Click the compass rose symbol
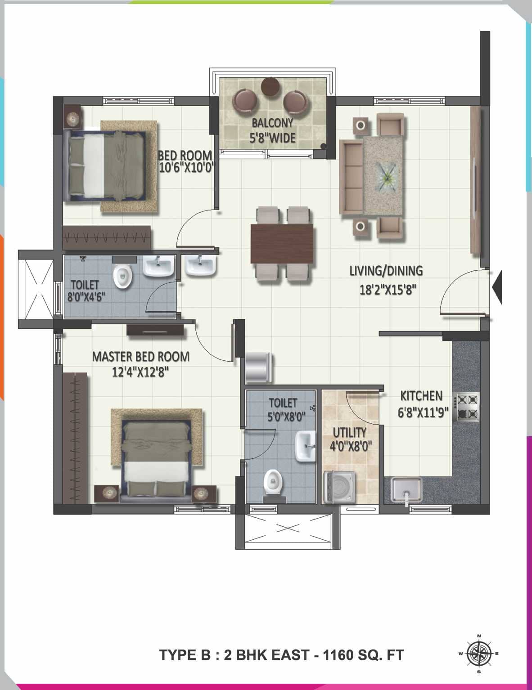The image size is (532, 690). pos(478,653)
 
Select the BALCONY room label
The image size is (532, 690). pos(272,123)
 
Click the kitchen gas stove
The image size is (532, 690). pos(468,407)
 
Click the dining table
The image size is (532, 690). pos(282,243)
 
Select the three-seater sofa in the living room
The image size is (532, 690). pos(351,177)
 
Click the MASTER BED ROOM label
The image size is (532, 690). pos(140,357)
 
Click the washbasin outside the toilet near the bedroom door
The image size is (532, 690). pos(201,265)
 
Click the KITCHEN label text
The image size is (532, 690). pos(421,396)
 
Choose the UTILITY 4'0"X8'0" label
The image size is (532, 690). pos(349,439)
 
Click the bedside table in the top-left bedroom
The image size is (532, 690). pos(72,118)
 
